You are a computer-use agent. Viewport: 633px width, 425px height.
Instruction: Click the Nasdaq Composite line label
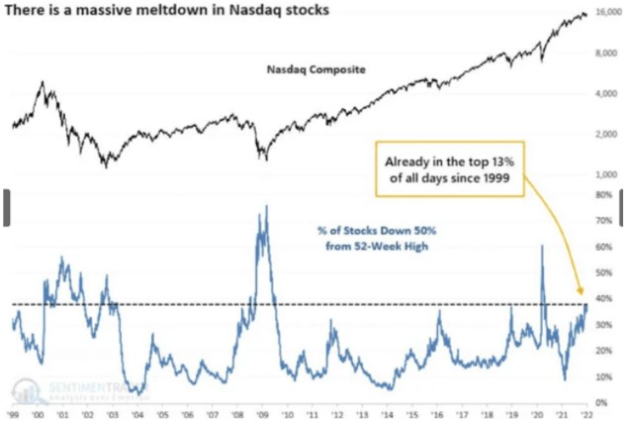pyautogui.click(x=313, y=70)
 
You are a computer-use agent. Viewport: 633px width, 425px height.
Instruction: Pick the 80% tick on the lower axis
pyautogui.click(x=602, y=195)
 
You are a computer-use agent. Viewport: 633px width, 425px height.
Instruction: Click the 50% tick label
pyautogui.click(x=602, y=272)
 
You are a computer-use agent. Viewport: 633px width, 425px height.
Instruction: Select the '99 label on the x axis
pyautogui.click(x=15, y=414)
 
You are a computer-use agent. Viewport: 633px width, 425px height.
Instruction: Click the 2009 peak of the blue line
pyautogui.click(x=265, y=206)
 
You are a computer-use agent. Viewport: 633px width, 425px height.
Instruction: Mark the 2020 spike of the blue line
pyautogui.click(x=542, y=246)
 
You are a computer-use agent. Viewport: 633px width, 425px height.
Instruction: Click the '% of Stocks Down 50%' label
pyautogui.click(x=368, y=238)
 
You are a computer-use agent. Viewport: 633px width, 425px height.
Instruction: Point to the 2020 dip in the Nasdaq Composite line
pyautogui.click(x=541, y=61)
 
